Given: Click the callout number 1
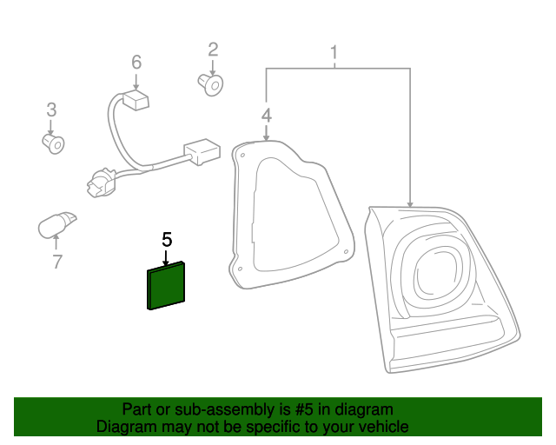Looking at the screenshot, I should coord(334,55).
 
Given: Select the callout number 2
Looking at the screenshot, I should coord(212,50).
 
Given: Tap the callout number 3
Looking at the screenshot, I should coord(51,110).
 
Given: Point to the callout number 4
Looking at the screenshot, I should coord(266,115).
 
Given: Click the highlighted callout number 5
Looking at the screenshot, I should coord(167,238).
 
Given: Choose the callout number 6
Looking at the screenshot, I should coord(136,62).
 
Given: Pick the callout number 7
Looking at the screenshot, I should coord(57,261).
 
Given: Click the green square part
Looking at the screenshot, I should coord(167,286).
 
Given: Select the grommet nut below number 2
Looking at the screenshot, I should coord(209,84).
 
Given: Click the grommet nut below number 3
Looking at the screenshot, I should coord(54,142).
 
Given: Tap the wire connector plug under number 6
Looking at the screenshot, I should coord(135,102).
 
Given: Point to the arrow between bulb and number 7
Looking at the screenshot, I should coord(57,243).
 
